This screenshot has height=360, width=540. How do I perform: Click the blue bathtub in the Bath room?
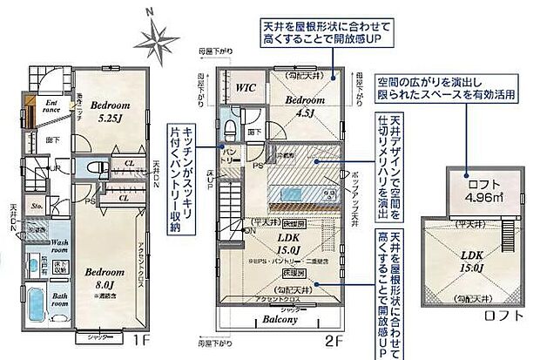click(35, 305)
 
